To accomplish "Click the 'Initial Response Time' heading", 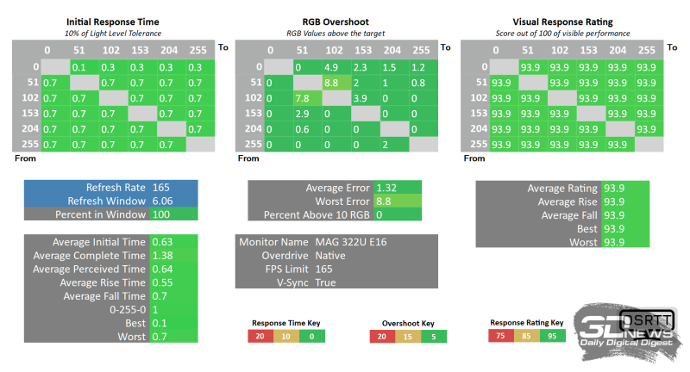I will coord(112,21).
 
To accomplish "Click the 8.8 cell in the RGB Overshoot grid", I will coord(333,83).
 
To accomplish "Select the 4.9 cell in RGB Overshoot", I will coord(333,66).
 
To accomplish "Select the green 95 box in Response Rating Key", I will coord(552,336).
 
